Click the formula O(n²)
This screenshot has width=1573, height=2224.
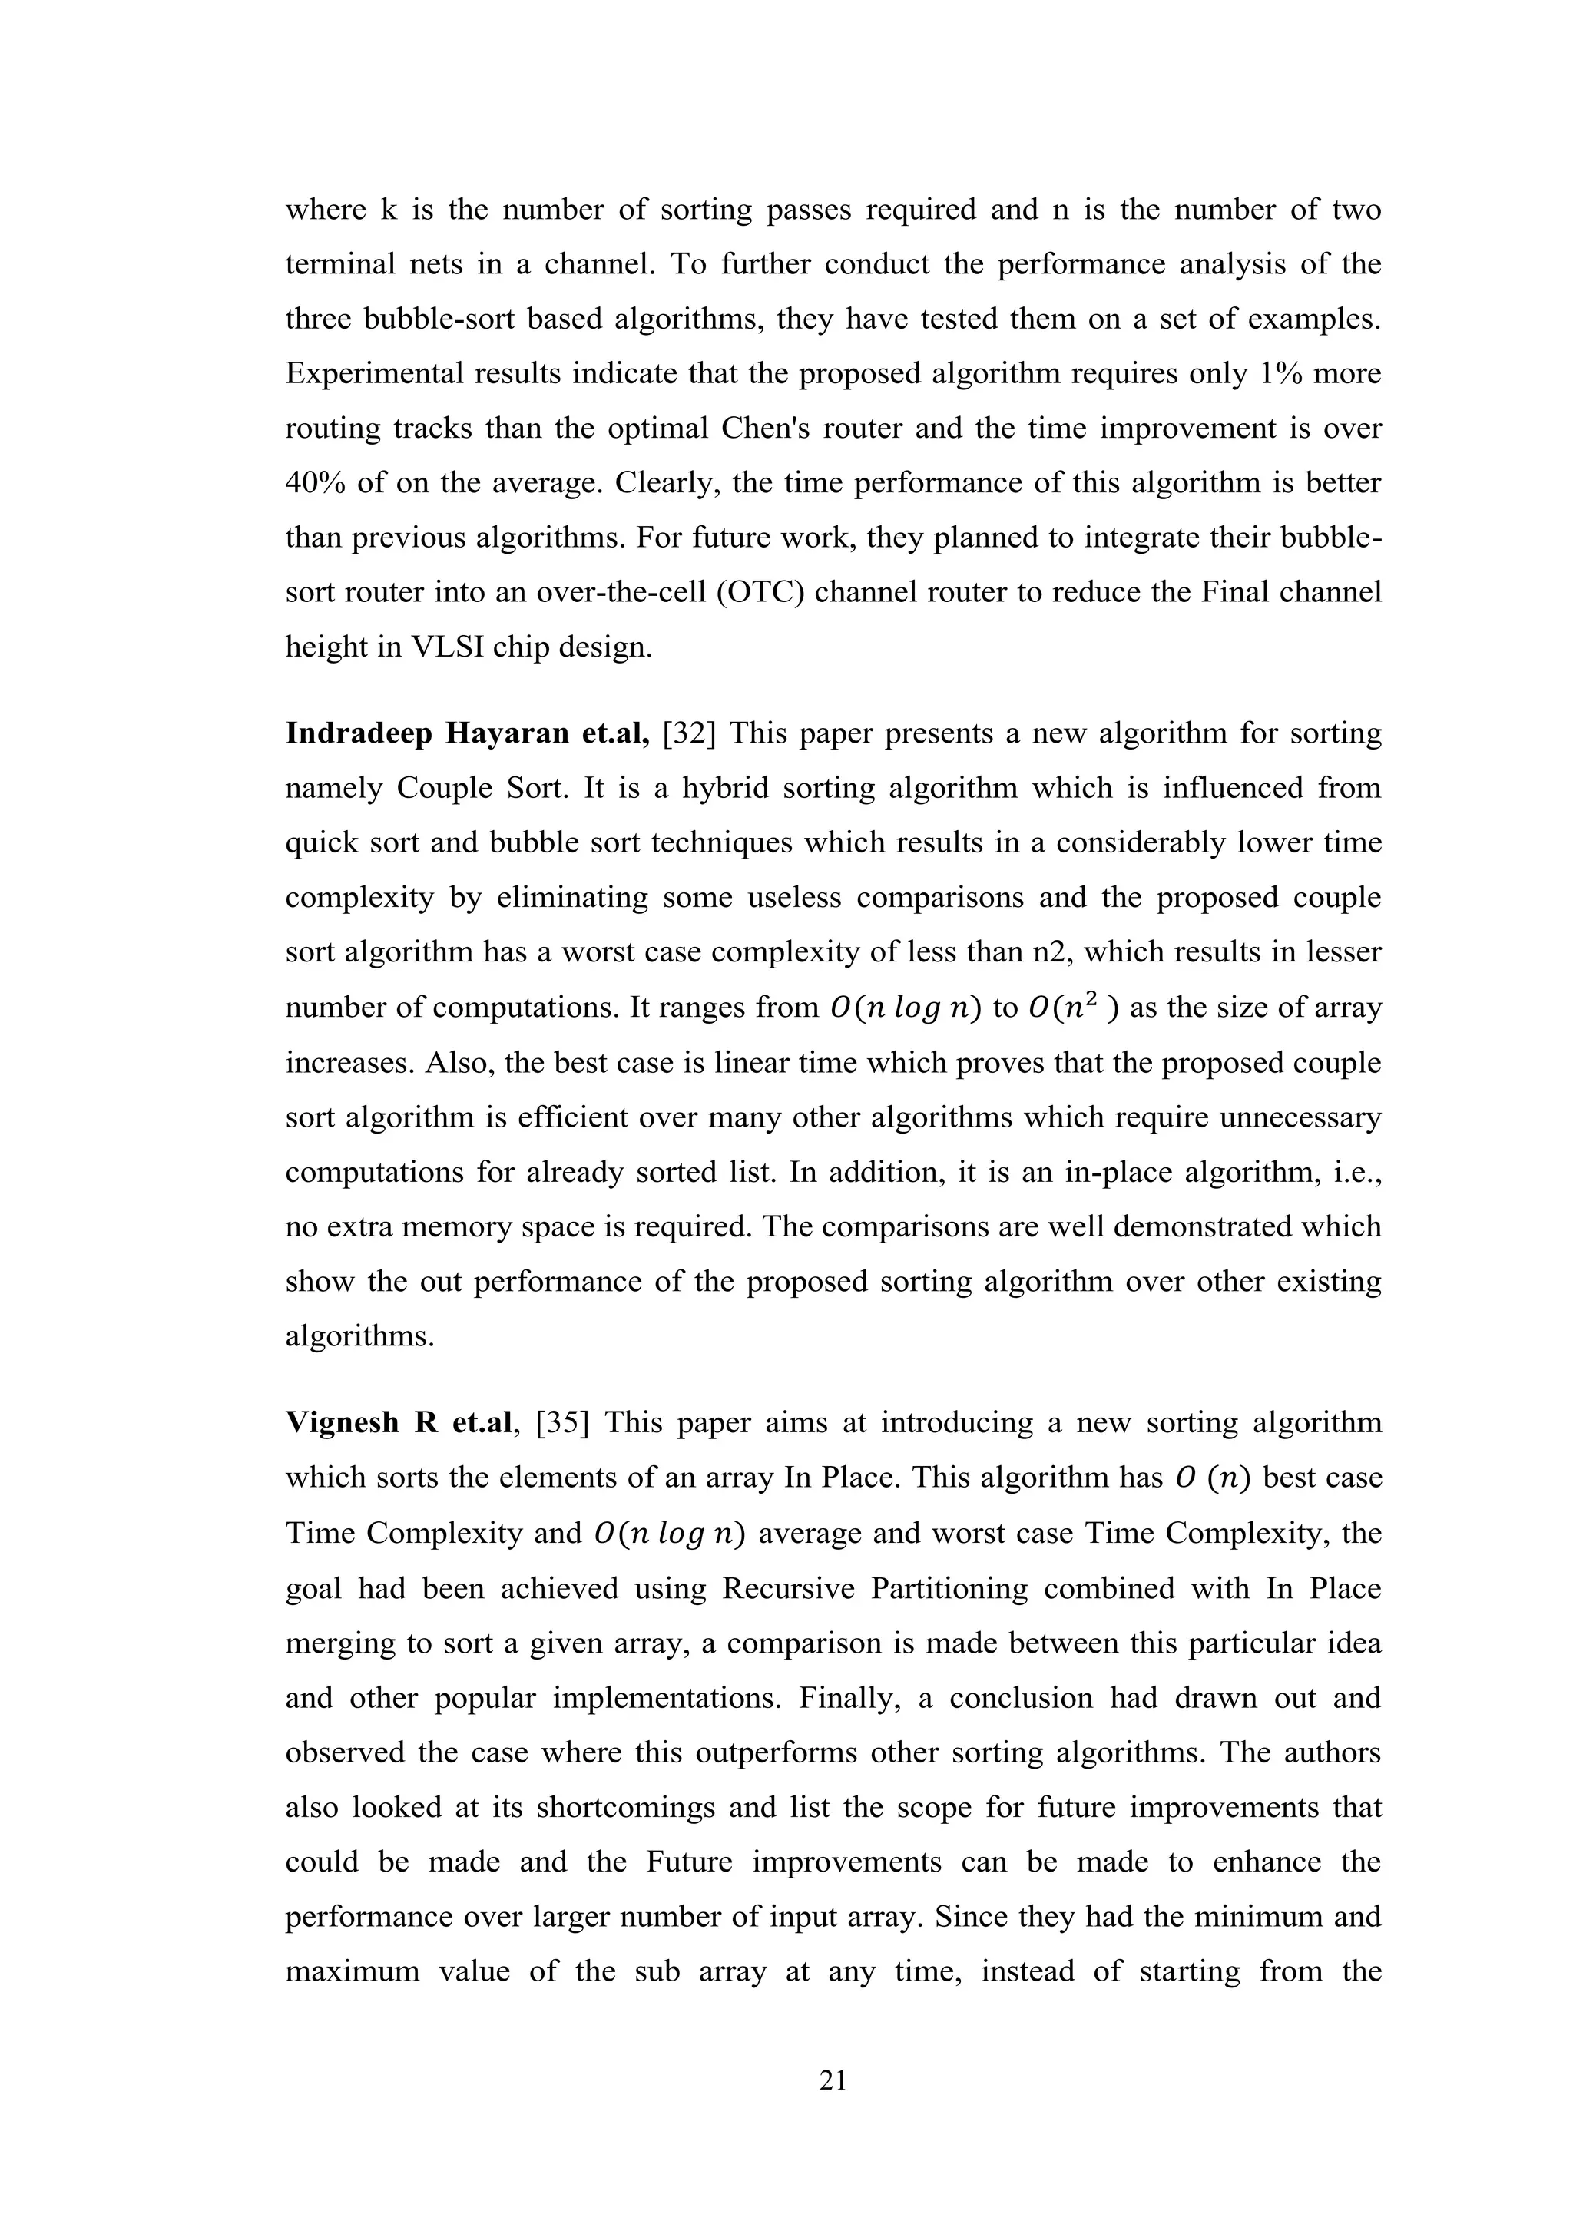tap(1073, 1008)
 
